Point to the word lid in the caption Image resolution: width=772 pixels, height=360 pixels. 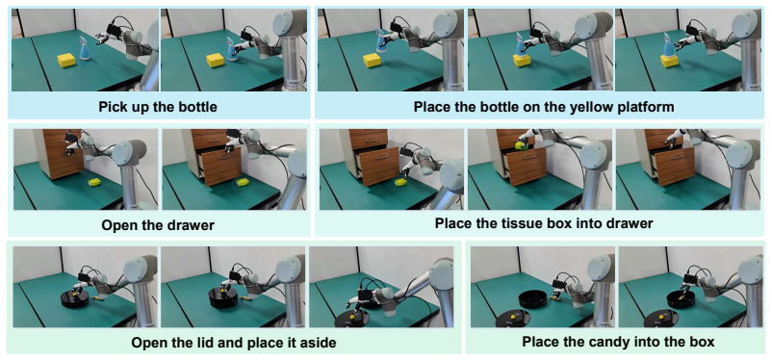(x=219, y=343)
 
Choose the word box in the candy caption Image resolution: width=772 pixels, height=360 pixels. (x=703, y=342)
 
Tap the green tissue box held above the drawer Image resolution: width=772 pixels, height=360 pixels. (x=522, y=145)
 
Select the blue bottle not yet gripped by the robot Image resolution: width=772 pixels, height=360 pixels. (x=85, y=48)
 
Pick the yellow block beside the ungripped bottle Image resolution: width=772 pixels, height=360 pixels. (x=66, y=61)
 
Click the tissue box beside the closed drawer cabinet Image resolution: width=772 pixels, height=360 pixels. (x=94, y=183)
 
